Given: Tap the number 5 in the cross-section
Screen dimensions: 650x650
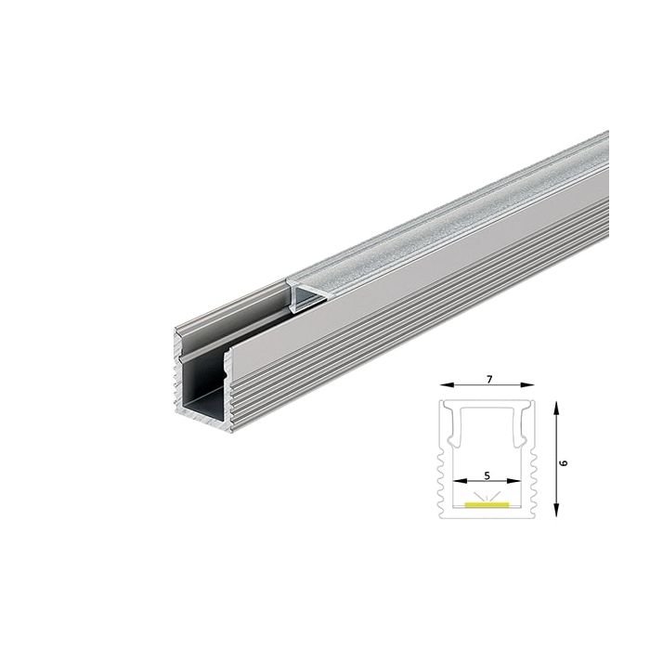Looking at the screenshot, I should (488, 473).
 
